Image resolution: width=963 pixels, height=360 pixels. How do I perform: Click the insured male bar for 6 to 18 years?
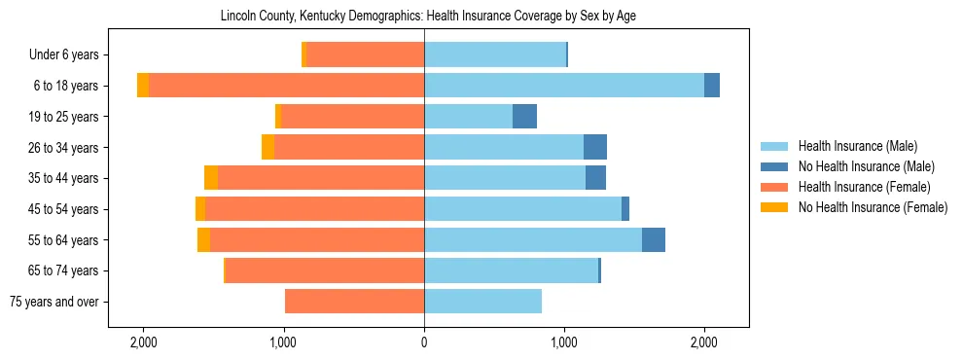click(x=564, y=86)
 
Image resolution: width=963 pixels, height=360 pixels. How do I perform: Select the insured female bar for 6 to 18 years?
click(x=287, y=86)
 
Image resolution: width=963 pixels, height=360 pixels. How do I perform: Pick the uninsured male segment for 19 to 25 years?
click(x=524, y=117)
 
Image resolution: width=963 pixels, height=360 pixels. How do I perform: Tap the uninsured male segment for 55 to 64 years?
click(x=654, y=239)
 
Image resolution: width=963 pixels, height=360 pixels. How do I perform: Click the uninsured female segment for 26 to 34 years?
click(x=267, y=147)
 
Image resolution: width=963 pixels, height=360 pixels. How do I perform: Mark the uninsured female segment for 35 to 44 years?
click(x=211, y=178)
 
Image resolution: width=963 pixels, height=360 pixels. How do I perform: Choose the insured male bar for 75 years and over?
click(x=482, y=302)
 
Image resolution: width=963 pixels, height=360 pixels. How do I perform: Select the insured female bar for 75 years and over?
click(x=354, y=302)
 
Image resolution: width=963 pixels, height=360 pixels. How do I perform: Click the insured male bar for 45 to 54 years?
click(x=522, y=209)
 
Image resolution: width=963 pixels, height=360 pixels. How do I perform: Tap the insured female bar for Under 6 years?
click(x=365, y=55)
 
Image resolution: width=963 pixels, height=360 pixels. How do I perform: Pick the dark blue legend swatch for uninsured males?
click(x=774, y=166)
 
